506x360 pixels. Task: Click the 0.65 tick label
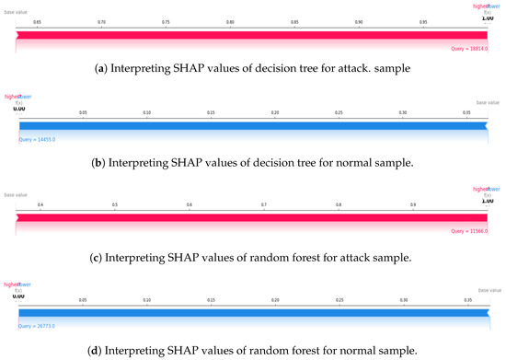click(x=37, y=20)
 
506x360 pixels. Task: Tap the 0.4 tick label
click(x=40, y=203)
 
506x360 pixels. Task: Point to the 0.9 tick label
click(x=413, y=203)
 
